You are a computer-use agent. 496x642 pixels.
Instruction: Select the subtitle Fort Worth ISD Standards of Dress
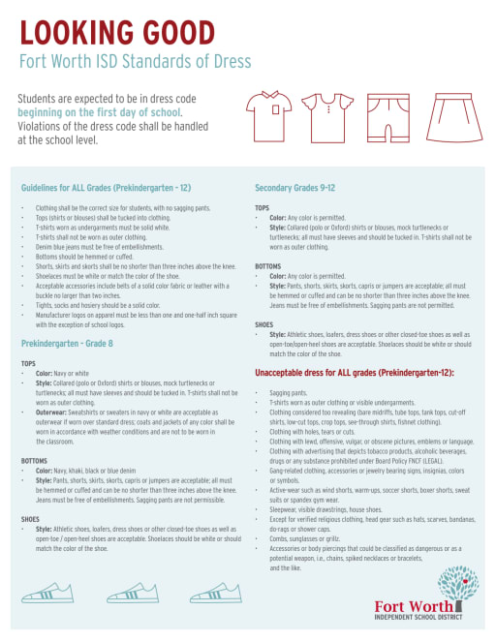(x=135, y=62)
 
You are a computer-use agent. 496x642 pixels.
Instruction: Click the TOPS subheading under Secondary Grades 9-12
(x=262, y=207)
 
